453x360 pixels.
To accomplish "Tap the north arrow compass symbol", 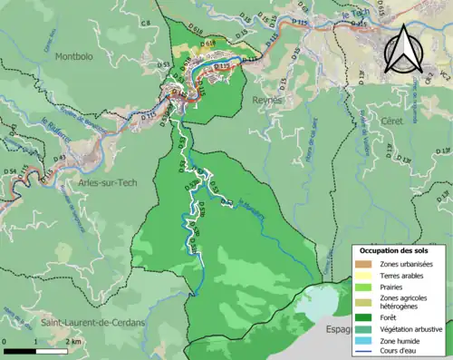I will pyautogui.click(x=408, y=48).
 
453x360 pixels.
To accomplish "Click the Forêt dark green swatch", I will pyautogui.click(x=366, y=316).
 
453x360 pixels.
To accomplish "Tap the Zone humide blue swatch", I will pyautogui.click(x=366, y=340).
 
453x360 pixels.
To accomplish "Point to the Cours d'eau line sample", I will pyautogui.click(x=366, y=352).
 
